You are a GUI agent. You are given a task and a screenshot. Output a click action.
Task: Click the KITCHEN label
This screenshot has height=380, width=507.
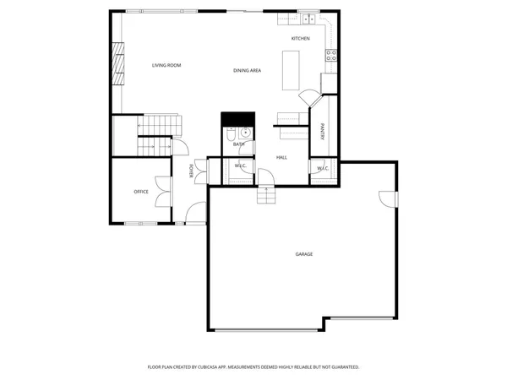pos(300,39)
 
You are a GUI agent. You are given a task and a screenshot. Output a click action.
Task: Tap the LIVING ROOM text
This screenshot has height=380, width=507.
pos(166,65)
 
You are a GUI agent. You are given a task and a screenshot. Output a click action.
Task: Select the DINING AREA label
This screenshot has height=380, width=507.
pos(247,70)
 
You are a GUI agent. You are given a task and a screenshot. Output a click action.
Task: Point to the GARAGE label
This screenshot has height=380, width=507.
pos(303,254)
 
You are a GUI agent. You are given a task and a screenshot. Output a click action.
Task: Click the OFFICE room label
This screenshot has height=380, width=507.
pos(141,192)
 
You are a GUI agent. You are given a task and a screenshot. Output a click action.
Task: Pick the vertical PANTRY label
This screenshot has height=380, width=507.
pos(323,132)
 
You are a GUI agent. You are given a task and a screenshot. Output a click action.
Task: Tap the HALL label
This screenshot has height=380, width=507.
pos(281,157)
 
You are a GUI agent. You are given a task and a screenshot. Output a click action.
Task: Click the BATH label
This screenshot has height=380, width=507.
pos(239,144)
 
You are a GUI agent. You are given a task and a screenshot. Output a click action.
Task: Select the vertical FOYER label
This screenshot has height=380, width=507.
pos(192,171)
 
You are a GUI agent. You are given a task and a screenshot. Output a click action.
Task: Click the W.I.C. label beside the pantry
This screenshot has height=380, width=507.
pos(323,169)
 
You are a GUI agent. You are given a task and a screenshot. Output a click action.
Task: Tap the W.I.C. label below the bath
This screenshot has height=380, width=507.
pos(239,167)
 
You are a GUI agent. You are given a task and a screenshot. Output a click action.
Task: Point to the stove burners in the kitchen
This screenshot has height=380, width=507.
pos(331,57)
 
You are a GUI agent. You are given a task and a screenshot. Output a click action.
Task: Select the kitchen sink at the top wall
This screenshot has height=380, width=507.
pos(308,18)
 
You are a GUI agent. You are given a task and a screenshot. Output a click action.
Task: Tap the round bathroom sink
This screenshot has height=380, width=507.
pos(245,133)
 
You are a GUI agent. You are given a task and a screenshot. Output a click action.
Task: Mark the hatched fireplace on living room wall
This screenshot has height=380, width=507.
pos(118,65)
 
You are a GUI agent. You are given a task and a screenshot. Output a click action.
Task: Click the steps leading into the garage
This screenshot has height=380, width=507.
pos(267,196)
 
